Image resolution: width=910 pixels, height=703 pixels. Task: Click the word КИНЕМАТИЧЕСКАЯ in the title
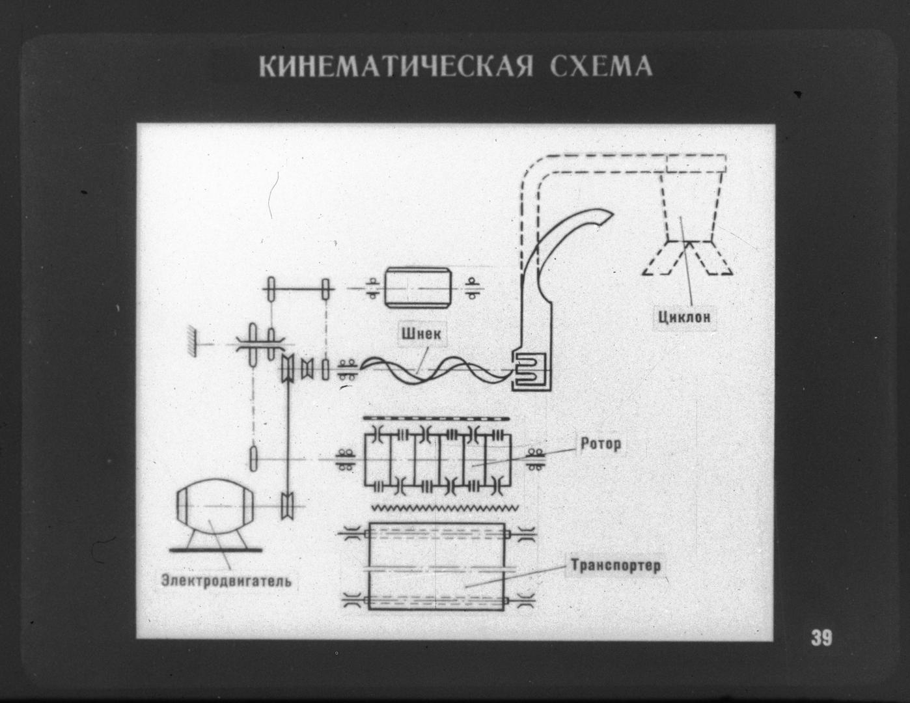click(396, 67)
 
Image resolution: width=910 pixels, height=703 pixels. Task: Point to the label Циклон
click(683, 318)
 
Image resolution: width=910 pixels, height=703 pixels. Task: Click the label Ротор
click(600, 445)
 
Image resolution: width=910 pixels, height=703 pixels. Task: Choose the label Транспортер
click(615, 565)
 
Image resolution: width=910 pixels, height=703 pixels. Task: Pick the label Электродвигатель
click(227, 579)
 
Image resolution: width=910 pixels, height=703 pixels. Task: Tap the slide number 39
click(821, 638)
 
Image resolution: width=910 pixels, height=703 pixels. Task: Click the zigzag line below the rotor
click(445, 507)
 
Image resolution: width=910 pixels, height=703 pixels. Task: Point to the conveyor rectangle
click(437, 566)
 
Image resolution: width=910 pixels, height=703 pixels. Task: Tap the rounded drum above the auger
click(417, 287)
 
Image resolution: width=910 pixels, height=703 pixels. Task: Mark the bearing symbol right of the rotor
click(536, 458)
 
